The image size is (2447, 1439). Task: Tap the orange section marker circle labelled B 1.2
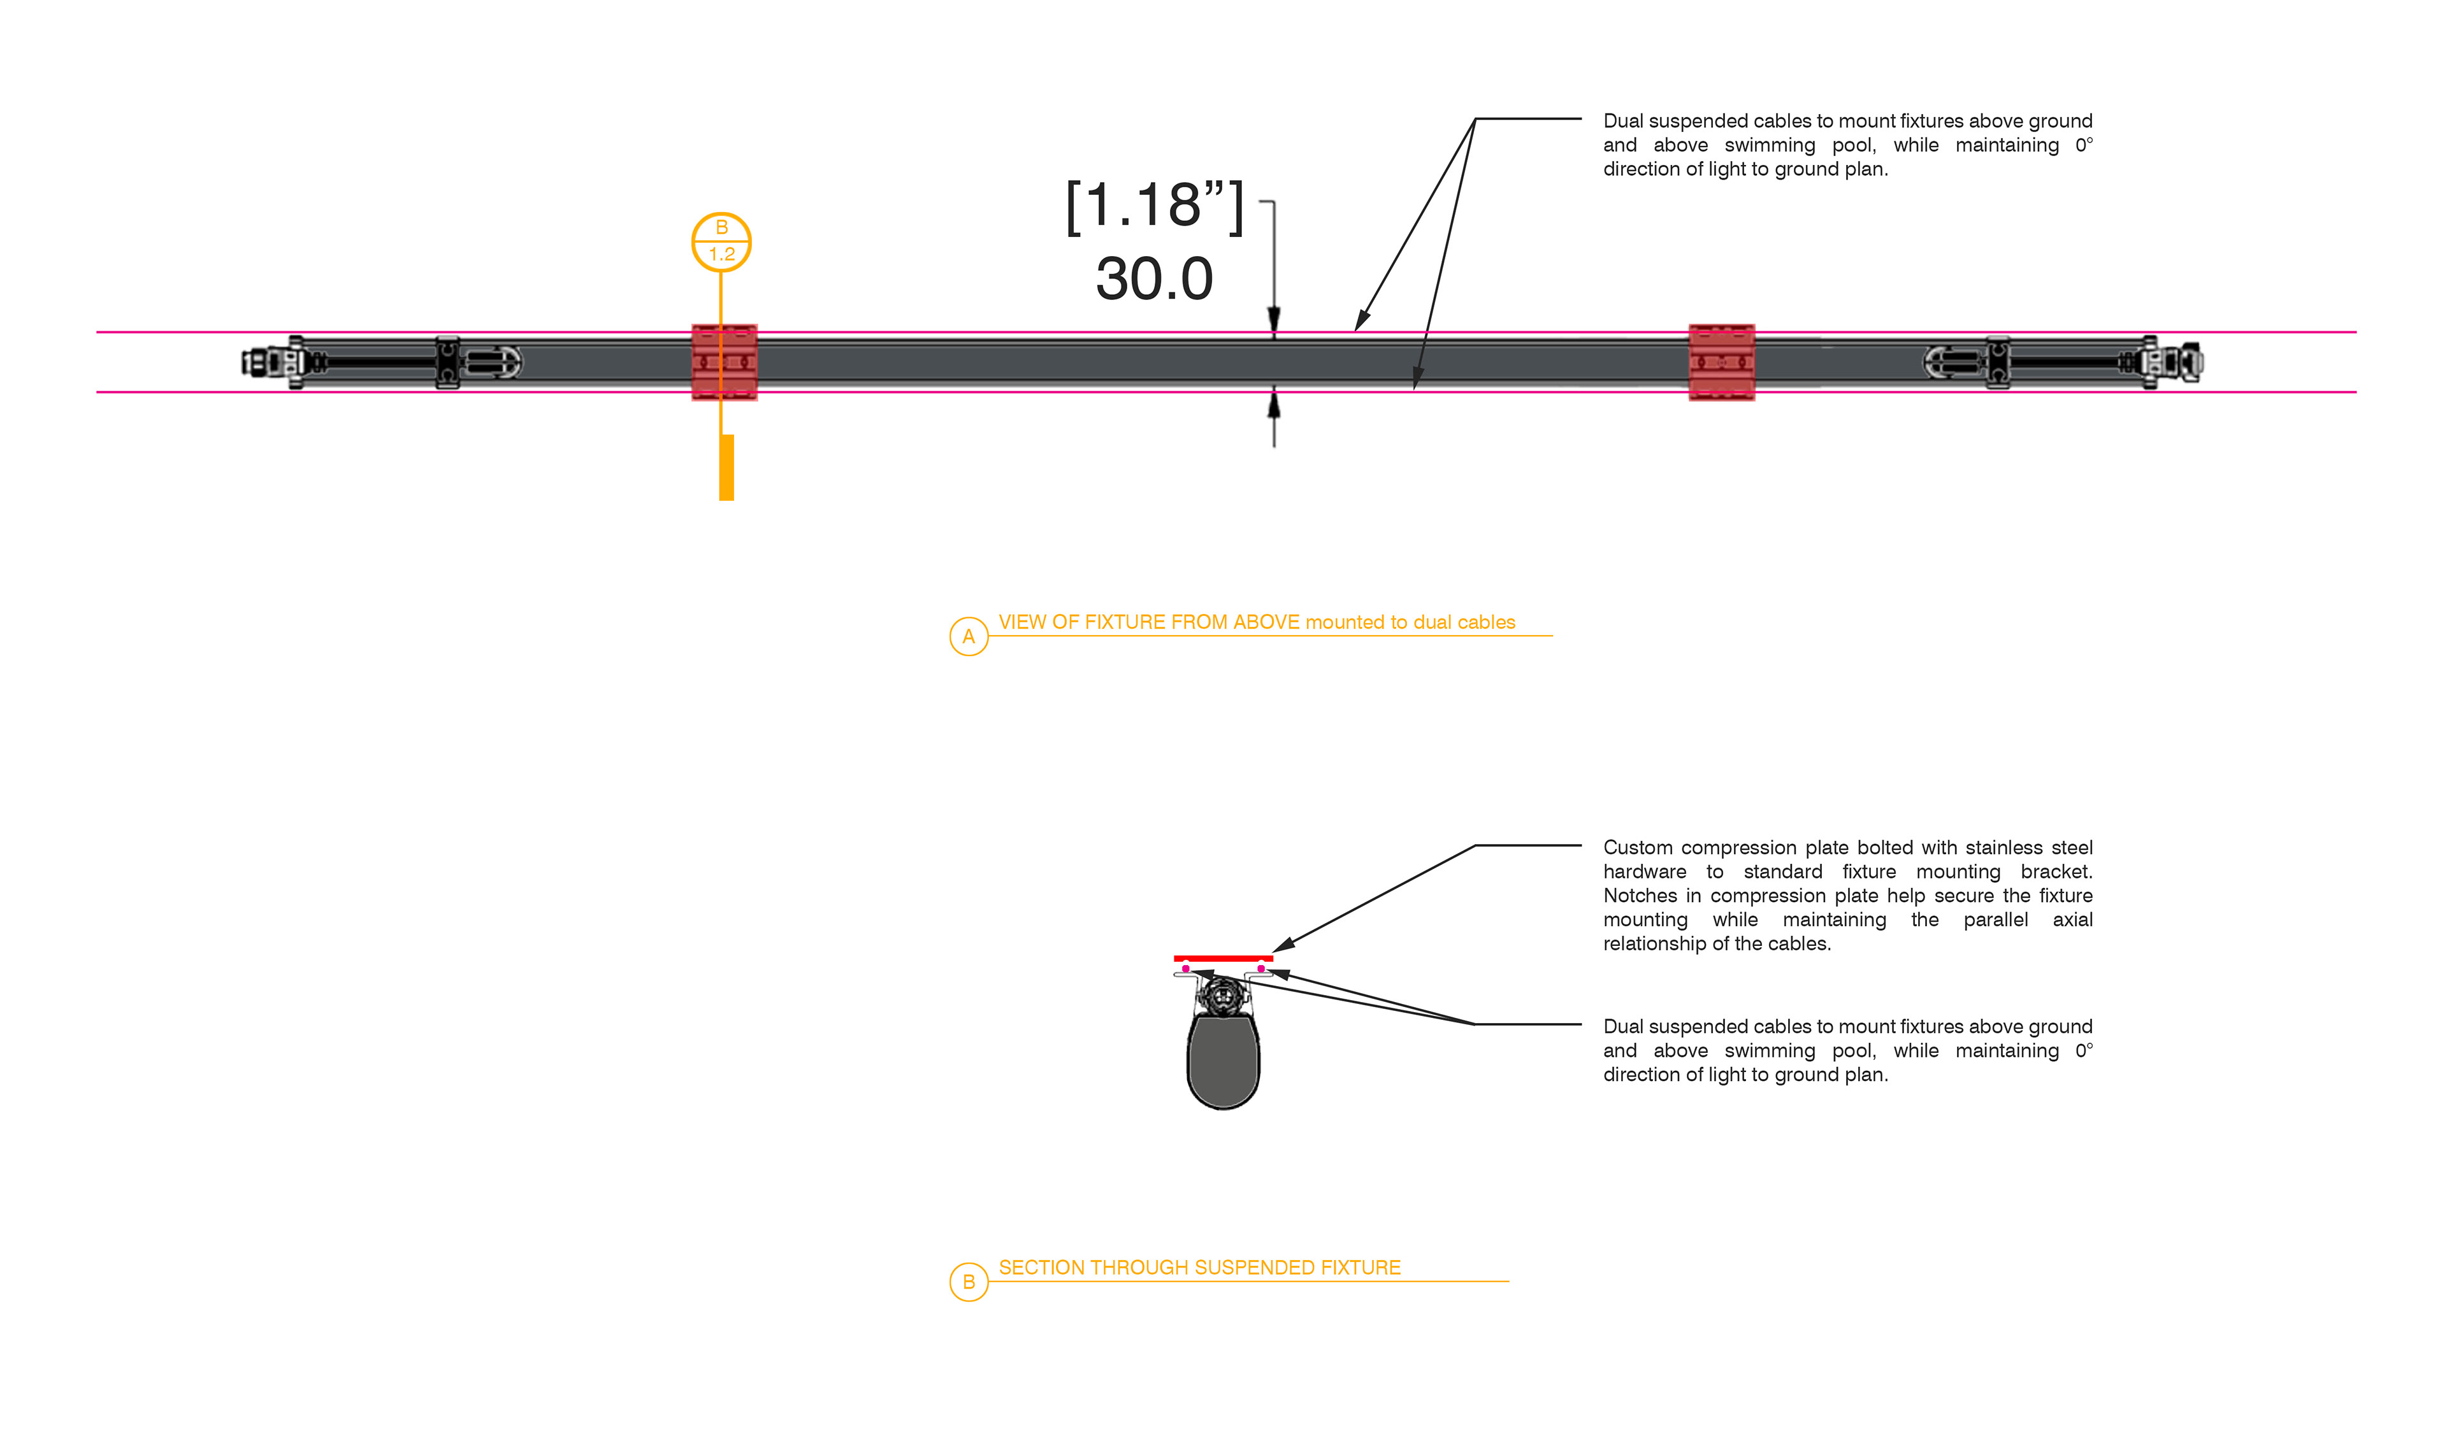click(721, 242)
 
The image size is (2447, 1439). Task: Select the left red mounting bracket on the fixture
click(723, 362)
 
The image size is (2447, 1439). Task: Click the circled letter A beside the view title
click(968, 637)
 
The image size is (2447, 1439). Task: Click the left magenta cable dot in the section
click(1186, 968)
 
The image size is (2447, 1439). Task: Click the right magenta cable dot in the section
click(1260, 968)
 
